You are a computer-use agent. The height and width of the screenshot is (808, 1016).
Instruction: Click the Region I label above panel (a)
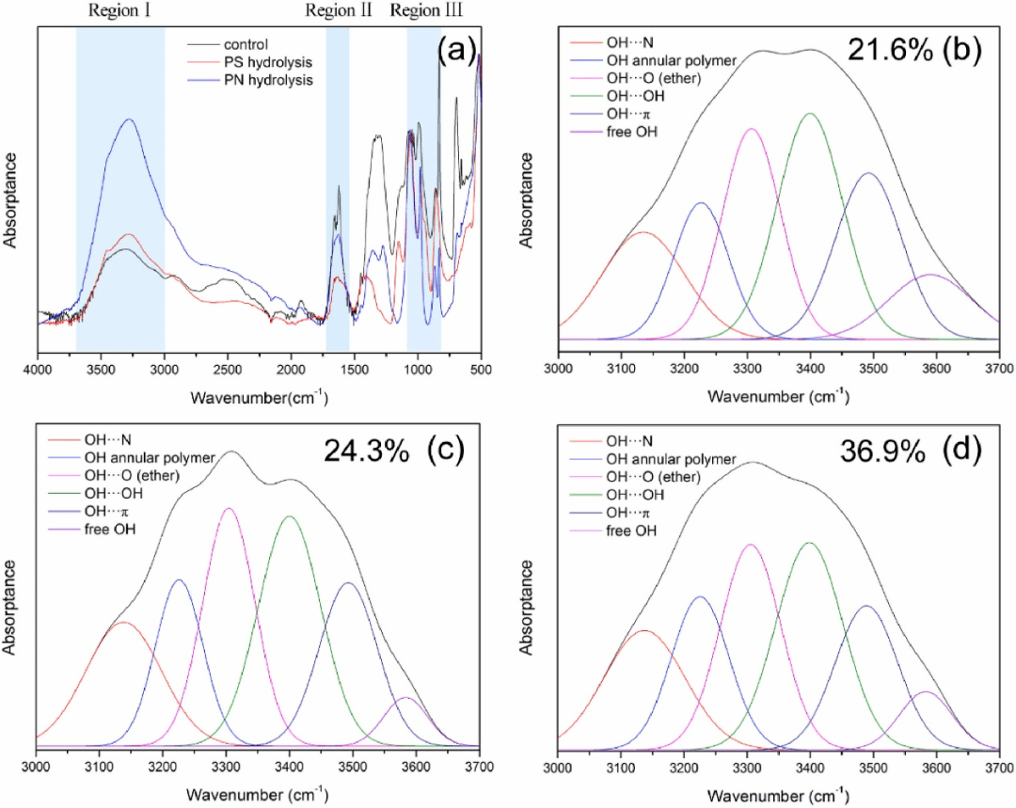(x=121, y=12)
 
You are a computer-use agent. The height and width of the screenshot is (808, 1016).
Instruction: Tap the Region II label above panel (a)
(x=339, y=12)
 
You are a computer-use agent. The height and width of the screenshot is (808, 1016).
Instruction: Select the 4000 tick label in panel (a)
(x=39, y=372)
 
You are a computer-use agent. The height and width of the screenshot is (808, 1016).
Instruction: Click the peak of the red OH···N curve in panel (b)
(x=643, y=232)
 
